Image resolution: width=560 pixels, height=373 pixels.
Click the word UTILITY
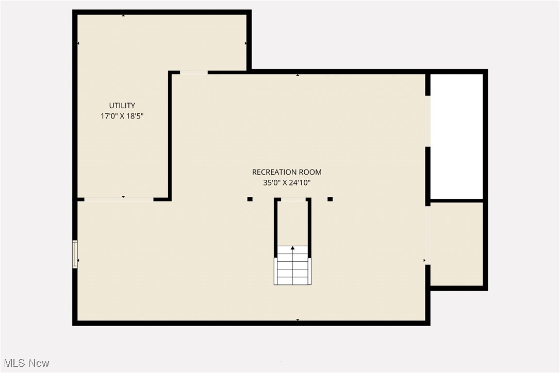point(122,106)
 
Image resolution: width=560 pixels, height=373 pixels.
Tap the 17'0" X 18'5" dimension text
point(122,116)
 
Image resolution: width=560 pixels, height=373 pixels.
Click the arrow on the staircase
point(293,248)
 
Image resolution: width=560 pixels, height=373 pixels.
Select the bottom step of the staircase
point(293,281)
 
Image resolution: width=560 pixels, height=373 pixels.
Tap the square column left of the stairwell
point(250,199)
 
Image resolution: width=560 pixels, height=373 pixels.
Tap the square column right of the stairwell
point(330,199)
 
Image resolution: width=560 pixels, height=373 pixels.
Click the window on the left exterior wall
point(75,254)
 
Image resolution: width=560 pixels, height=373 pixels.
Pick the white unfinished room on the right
point(457,136)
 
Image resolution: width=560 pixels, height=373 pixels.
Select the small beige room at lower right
point(457,243)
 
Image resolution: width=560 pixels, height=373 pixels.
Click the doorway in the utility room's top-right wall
point(194,73)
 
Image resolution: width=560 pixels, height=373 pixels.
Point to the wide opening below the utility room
point(119,199)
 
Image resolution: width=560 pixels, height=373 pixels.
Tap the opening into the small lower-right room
point(427,235)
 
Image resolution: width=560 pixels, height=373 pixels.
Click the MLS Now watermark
point(25,363)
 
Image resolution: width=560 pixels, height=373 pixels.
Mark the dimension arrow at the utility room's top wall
point(123,15)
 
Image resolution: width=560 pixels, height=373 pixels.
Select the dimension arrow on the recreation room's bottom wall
point(298,320)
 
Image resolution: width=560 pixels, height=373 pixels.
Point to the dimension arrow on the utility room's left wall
point(78,43)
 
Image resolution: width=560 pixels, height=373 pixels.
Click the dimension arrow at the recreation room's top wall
point(298,75)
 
